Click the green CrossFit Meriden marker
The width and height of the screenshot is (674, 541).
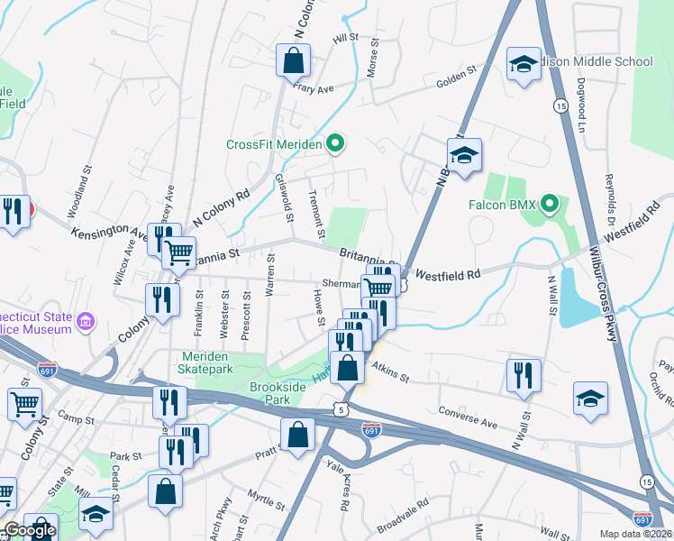(x=335, y=143)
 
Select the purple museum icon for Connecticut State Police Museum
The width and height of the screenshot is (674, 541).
(x=86, y=321)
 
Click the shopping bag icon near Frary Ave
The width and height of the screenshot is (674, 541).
(x=294, y=62)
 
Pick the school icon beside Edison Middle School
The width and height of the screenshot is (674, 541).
(x=524, y=65)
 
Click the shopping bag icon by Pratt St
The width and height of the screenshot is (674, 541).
(x=297, y=436)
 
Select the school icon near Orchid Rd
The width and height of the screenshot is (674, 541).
(x=590, y=399)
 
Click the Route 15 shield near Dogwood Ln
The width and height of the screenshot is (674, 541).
(x=560, y=106)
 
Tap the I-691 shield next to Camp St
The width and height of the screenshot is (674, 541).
(x=48, y=370)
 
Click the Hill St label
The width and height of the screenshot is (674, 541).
(x=345, y=39)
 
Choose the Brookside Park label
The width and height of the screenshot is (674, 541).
(x=279, y=393)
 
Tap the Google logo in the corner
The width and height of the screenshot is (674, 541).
(x=29, y=530)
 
